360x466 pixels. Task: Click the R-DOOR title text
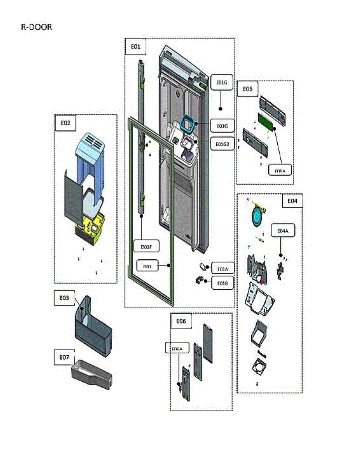[x=36, y=27]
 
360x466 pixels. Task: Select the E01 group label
[x=135, y=47]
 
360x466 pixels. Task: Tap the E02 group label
[x=65, y=123]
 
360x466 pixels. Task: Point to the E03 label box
[x=64, y=298]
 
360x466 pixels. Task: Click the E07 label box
[x=64, y=357]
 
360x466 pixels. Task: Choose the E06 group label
[x=181, y=321]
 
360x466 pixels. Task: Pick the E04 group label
[x=292, y=201]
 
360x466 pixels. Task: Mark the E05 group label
[x=247, y=89]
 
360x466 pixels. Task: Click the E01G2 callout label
[x=222, y=144]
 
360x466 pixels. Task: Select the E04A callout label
[x=282, y=231]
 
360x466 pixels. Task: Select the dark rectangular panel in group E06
[x=208, y=343]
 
